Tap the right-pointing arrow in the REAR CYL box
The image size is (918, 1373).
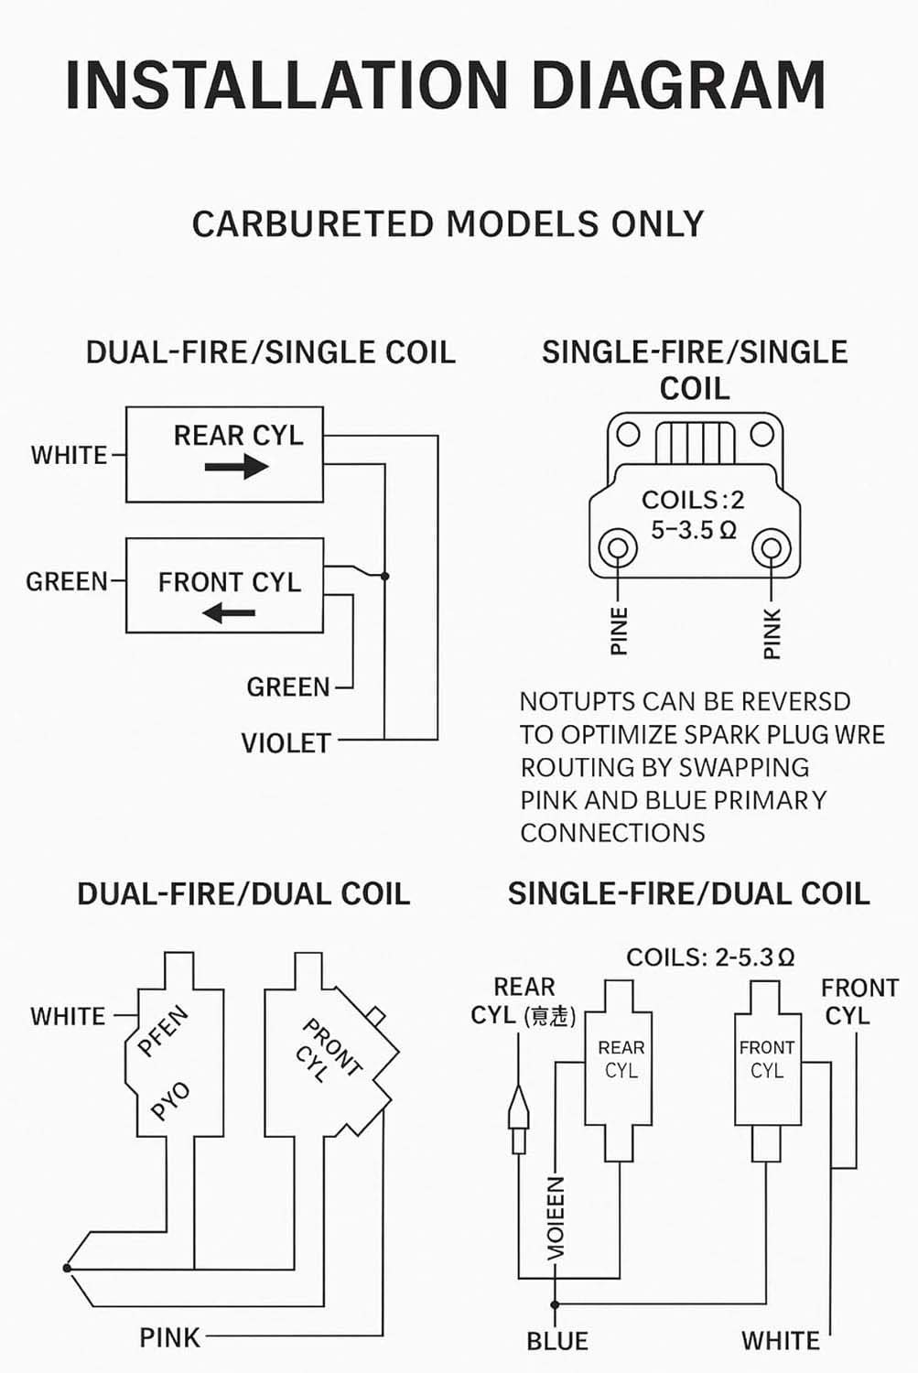[236, 467]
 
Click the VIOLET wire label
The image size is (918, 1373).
[286, 742]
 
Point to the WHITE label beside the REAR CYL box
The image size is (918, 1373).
[69, 455]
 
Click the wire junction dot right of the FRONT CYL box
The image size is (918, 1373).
[385, 576]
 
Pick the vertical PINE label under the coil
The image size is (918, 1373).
[620, 631]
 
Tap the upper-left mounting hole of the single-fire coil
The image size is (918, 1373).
[628, 433]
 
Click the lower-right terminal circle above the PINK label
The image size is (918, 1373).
[772, 549]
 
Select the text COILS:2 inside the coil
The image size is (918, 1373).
[693, 500]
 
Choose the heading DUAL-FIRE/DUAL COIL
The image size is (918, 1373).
[243, 894]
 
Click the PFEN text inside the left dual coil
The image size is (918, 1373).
[163, 1032]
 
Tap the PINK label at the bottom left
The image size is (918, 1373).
[169, 1337]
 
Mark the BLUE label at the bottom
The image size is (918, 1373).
[556, 1341]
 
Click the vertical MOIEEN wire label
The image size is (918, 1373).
[556, 1217]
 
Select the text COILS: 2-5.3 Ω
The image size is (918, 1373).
[709, 957]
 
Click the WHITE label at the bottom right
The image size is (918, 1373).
[780, 1341]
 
